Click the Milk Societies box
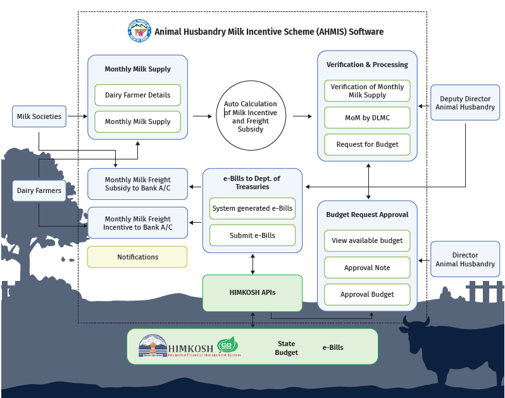click(39, 116)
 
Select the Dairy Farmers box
click(39, 190)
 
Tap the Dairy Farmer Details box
click(137, 95)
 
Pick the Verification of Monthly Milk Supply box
click(367, 90)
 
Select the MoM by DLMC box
click(367, 118)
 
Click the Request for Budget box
click(367, 144)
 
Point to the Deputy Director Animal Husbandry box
click(465, 103)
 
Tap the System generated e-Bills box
click(253, 208)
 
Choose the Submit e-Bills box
click(253, 235)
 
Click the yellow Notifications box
click(137, 257)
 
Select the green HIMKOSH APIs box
click(252, 292)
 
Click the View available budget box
click(367, 240)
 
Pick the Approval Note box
click(367, 268)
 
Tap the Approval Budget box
click(367, 294)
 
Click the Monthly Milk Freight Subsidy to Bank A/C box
click(137, 184)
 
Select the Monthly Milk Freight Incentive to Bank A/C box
click(137, 223)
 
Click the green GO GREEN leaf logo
click(227, 345)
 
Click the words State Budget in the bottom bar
click(286, 348)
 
